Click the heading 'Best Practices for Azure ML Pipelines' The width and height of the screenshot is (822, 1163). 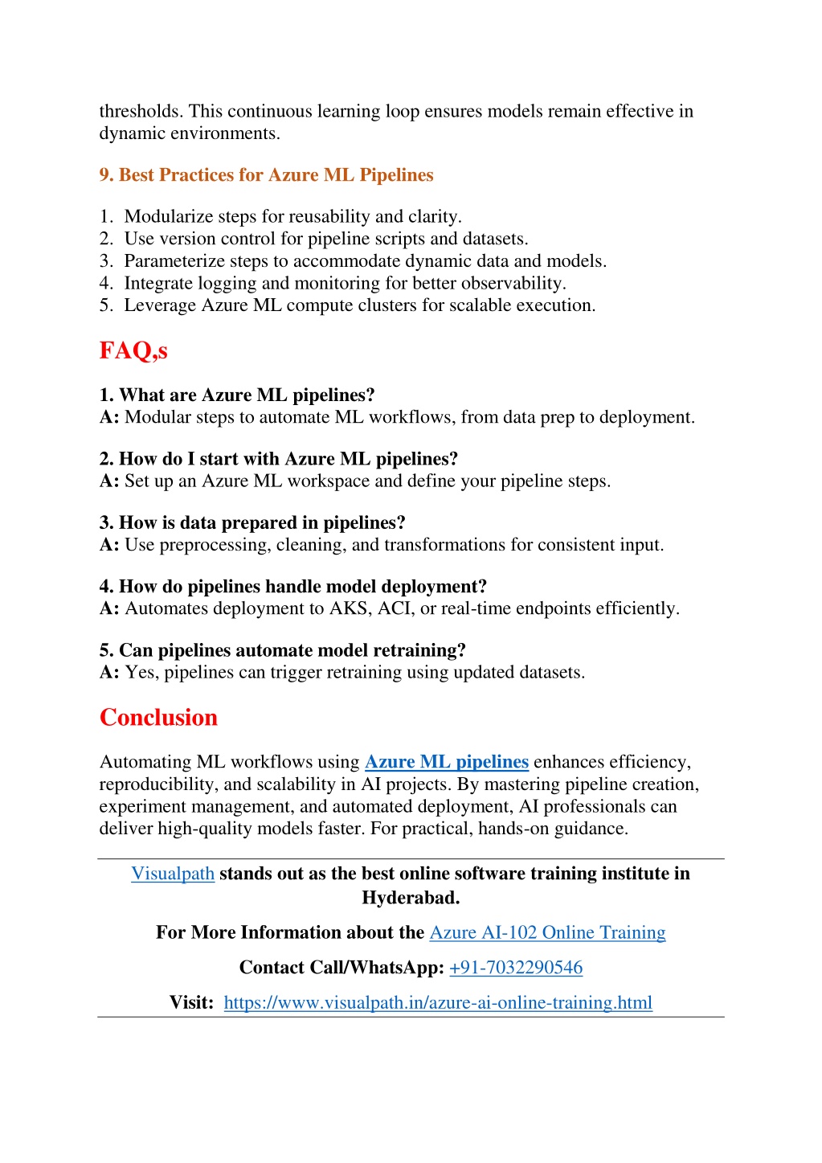(276, 175)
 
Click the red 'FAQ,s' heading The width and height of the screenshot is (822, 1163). (133, 350)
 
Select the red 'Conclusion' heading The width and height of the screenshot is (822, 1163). (158, 717)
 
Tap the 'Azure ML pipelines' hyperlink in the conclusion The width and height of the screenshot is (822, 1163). (446, 762)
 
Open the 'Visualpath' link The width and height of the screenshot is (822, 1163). (173, 874)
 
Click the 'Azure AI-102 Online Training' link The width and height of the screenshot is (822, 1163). (547, 932)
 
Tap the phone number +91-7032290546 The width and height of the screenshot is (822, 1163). (516, 968)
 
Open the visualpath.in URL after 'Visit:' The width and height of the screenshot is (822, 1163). (438, 1003)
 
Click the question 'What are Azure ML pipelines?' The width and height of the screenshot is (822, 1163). (247, 395)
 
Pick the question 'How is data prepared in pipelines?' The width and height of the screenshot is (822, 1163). (262, 523)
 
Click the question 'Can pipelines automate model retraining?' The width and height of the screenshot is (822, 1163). (292, 650)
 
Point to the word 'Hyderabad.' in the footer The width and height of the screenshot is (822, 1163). (411, 898)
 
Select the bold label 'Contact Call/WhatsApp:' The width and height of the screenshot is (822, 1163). (341, 968)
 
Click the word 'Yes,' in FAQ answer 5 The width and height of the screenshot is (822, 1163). (142, 673)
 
